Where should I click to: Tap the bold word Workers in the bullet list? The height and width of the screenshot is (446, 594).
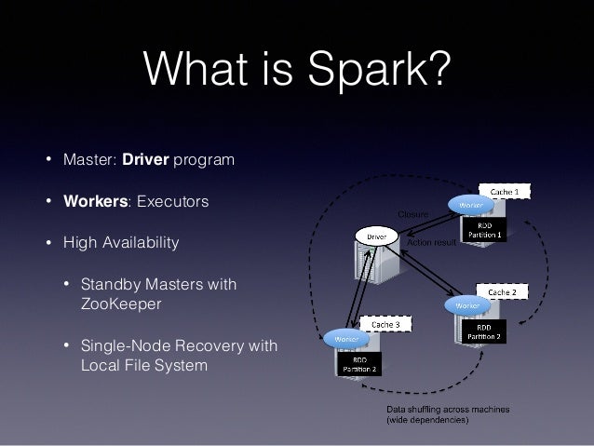[x=94, y=201]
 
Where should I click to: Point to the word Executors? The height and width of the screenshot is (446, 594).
[x=172, y=201]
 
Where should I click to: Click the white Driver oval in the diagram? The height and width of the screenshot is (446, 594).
[x=376, y=237]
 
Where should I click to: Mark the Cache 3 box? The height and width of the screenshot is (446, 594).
[x=385, y=322]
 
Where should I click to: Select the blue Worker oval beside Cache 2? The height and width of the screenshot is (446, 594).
[x=467, y=304]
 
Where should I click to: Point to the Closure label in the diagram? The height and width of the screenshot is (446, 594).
[x=413, y=215]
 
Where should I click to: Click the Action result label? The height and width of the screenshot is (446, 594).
[x=432, y=242]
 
